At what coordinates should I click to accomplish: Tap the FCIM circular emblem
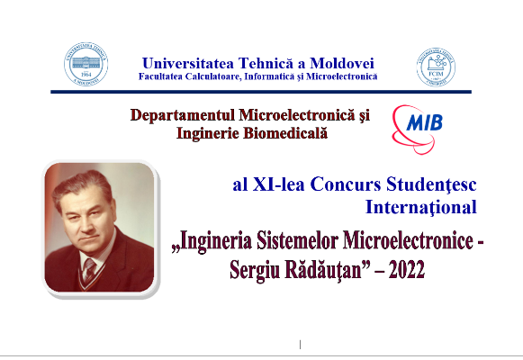pyautogui.click(x=435, y=66)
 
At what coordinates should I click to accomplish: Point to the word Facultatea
pyautogui.click(x=167, y=76)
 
